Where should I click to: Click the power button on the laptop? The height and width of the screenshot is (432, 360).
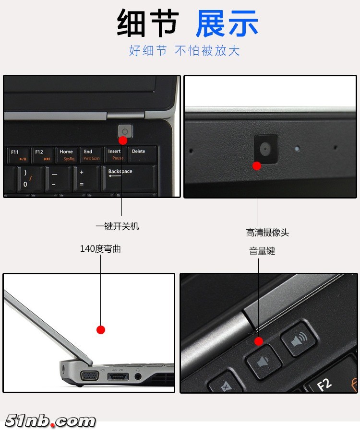(125, 131)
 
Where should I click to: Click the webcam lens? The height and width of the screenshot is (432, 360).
(266, 148)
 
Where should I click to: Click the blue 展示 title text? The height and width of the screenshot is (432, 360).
(227, 23)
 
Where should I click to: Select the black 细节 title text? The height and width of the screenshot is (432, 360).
(148, 23)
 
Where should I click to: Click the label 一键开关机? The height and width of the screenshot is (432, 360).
(117, 226)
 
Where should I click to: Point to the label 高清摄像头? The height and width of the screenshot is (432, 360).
(267, 233)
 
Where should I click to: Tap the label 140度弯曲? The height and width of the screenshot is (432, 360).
(100, 249)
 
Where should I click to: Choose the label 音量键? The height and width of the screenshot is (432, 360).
(262, 251)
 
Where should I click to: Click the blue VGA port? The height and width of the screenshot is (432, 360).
(90, 375)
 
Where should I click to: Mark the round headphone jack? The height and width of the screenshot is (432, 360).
(138, 376)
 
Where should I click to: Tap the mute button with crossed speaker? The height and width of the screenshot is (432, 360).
(224, 385)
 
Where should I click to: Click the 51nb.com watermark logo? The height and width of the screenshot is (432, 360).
(50, 420)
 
